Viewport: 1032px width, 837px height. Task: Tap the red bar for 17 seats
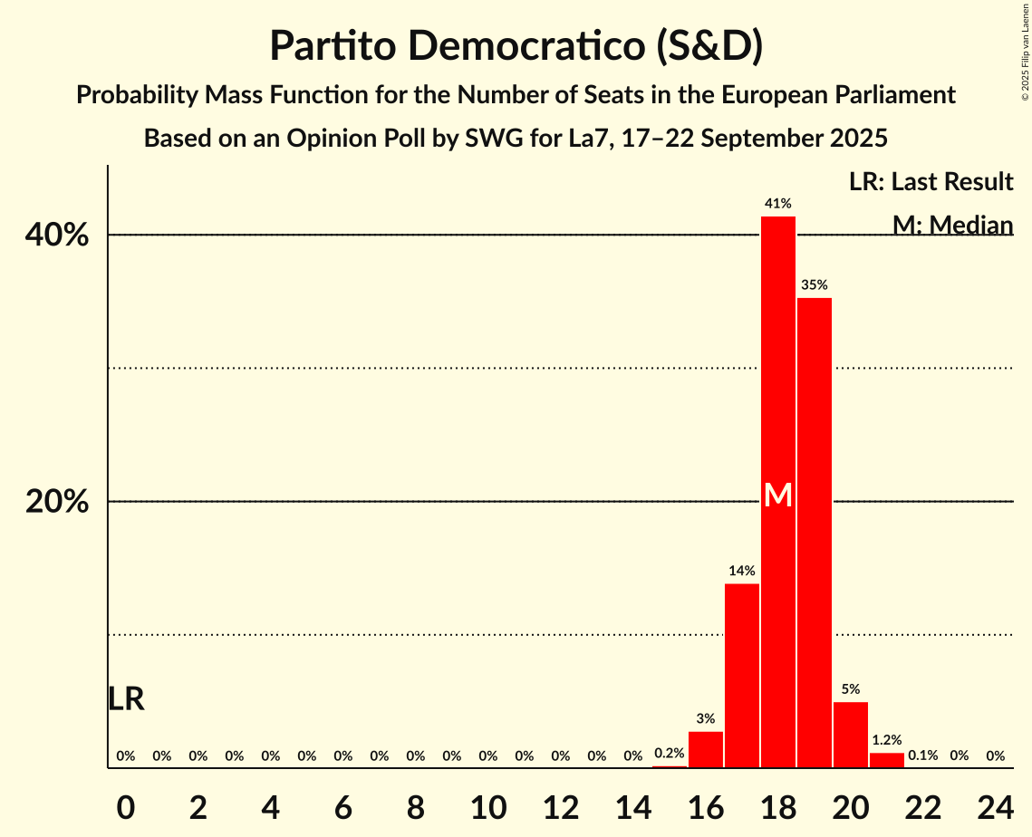(742, 676)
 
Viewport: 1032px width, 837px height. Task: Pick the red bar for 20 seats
(851, 735)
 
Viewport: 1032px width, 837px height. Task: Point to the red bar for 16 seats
(706, 749)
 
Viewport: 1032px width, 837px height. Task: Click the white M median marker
(778, 495)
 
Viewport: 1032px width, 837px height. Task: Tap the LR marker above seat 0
(126, 699)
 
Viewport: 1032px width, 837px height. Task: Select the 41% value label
(778, 204)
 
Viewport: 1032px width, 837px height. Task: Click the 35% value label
(815, 285)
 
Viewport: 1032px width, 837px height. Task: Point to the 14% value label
(742, 571)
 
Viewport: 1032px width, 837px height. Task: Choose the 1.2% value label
(887, 740)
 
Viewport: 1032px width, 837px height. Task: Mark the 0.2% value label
(670, 753)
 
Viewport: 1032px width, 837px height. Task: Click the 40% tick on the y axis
(56, 236)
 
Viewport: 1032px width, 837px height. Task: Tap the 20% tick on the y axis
(56, 502)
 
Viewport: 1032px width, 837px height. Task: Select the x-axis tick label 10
(488, 803)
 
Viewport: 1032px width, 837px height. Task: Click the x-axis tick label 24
(996, 803)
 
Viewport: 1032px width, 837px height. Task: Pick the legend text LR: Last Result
(931, 182)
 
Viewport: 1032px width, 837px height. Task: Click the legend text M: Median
(952, 225)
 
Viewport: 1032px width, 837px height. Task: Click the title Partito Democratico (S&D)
(516, 46)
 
